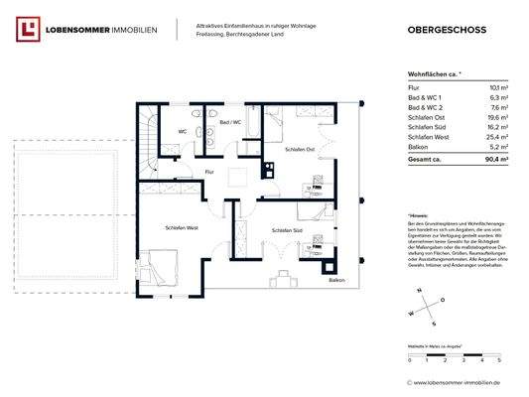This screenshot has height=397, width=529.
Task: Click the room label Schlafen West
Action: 180,228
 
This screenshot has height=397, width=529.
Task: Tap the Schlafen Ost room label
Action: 299,150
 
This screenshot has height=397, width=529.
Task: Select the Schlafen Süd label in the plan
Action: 286,230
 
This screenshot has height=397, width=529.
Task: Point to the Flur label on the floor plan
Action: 209,173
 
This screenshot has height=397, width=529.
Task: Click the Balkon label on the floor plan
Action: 339,281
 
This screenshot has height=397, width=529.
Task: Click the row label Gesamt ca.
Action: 424,159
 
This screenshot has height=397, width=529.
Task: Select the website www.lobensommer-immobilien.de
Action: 459,381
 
